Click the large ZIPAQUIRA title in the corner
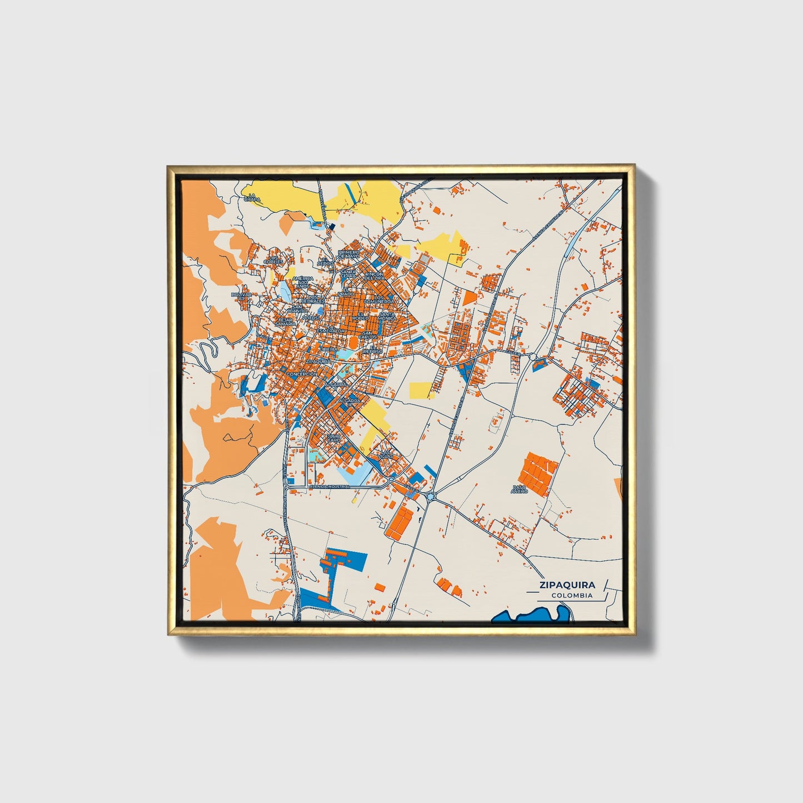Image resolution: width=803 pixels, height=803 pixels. [x=566, y=585]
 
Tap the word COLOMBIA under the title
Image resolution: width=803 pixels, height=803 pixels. [x=572, y=596]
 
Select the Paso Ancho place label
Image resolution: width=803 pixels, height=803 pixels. [x=519, y=490]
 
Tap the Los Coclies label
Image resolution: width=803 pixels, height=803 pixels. [x=274, y=260]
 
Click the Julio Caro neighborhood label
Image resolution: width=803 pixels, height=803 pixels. [x=333, y=438]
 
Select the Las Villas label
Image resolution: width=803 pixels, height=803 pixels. [x=386, y=453]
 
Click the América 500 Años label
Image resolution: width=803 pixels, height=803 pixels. [x=303, y=282]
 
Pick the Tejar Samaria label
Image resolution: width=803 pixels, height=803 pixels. [x=285, y=322]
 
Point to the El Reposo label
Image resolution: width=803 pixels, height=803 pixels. [x=370, y=350]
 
